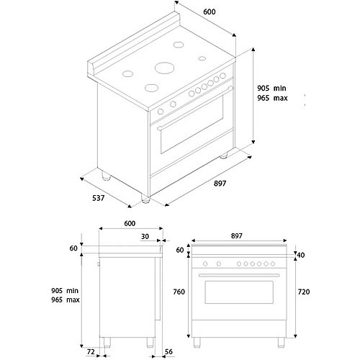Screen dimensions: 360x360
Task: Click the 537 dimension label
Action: [99, 198]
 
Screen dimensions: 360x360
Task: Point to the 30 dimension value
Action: [145, 237]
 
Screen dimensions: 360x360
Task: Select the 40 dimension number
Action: [301, 255]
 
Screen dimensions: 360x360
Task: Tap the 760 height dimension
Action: [179, 292]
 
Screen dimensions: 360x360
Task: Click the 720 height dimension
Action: [304, 292]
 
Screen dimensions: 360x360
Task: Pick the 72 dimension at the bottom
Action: [91, 352]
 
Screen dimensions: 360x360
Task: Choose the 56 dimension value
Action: [168, 352]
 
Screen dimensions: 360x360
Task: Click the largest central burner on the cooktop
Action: [164, 68]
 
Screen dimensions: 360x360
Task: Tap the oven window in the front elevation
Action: [239, 292]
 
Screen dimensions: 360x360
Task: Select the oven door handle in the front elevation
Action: [239, 275]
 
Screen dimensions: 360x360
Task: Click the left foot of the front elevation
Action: [197, 342]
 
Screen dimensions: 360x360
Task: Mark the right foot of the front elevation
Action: [282, 342]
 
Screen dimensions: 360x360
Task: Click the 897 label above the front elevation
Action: [237, 236]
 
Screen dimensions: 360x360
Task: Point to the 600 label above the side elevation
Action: [130, 223]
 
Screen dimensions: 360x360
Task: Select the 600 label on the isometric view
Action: [210, 12]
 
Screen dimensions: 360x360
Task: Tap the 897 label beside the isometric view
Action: [220, 184]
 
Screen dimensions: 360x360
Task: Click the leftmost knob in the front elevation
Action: [205, 264]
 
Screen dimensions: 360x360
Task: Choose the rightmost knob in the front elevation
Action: [273, 264]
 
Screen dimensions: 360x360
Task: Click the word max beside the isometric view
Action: [280, 98]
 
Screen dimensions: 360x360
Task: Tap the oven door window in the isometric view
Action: [192, 125]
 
